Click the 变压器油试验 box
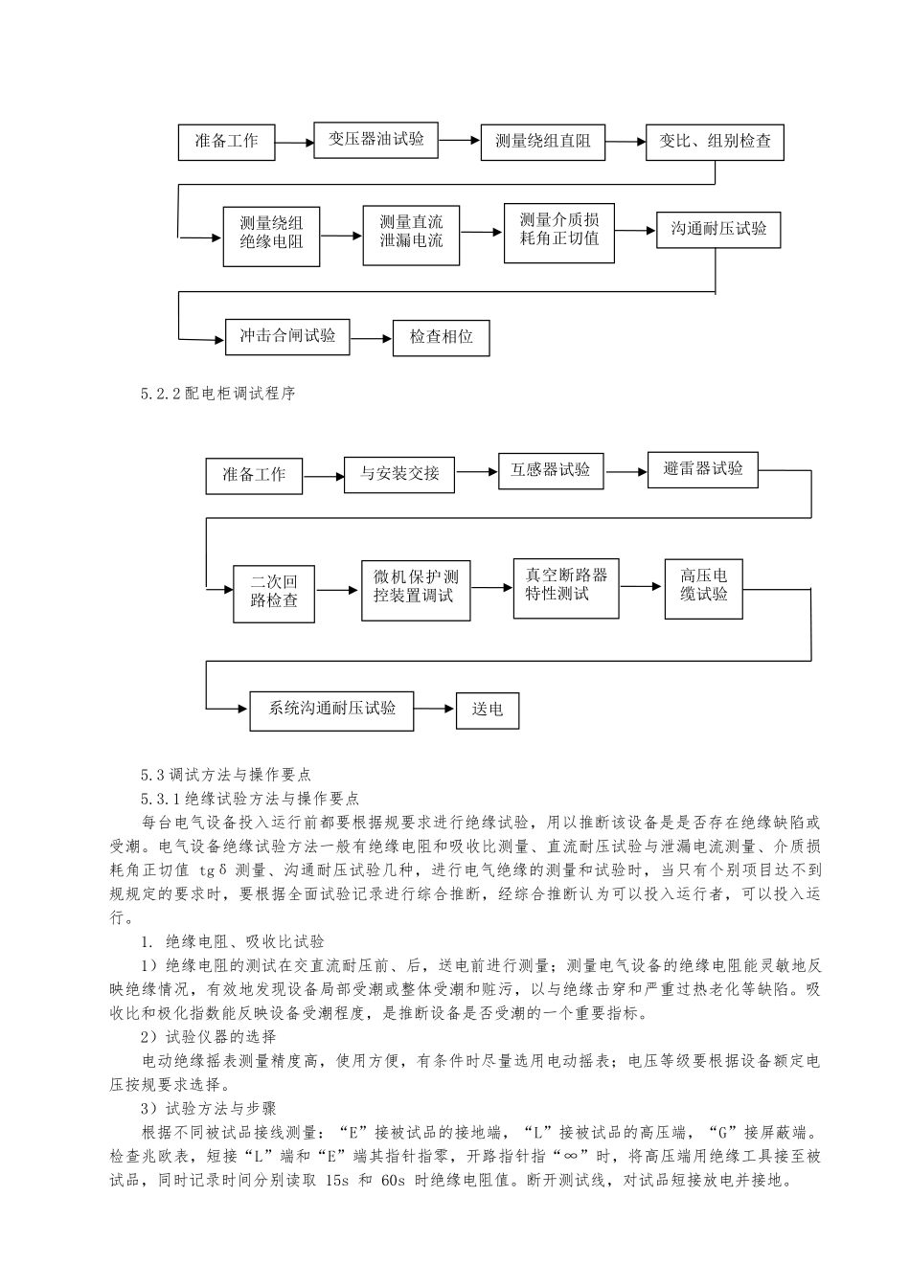(x=376, y=139)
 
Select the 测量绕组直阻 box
(x=542, y=142)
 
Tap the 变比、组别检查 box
(x=715, y=142)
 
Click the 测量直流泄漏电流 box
(x=411, y=233)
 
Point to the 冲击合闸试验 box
(x=287, y=336)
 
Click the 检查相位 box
(x=441, y=337)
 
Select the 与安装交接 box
(x=399, y=473)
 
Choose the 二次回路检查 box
(x=274, y=592)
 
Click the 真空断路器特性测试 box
(x=566, y=585)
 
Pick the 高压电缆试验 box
(x=703, y=585)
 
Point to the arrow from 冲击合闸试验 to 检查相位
(x=372, y=337)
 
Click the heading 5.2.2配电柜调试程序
(x=216, y=394)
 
